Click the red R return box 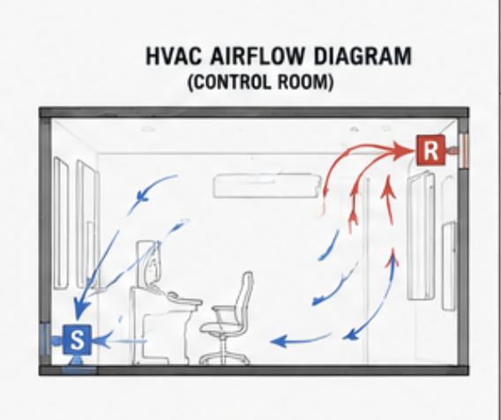point(431,150)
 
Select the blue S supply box point(78,340)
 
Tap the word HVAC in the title point(174,56)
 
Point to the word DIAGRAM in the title point(363,56)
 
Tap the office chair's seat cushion point(221,328)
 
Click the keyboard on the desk point(183,299)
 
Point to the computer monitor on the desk point(147,263)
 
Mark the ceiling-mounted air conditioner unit point(266,185)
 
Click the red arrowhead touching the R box point(404,151)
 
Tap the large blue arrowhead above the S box point(79,307)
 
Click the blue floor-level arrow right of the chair point(301,341)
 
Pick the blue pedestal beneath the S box point(79,365)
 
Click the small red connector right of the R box point(452,150)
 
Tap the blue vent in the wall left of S point(44,340)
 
